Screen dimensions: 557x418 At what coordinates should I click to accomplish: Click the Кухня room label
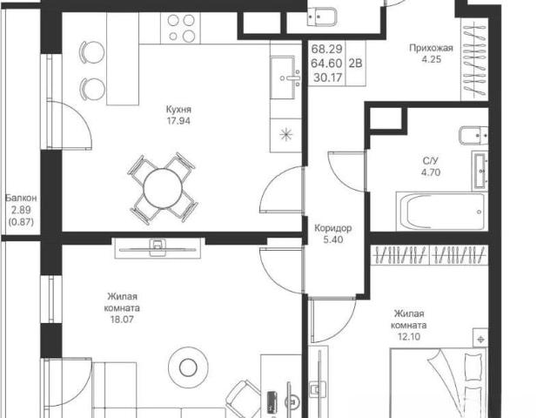click(x=178, y=109)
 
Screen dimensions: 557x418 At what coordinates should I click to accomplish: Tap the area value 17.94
click(x=178, y=121)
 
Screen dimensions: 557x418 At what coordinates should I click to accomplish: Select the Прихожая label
click(x=432, y=48)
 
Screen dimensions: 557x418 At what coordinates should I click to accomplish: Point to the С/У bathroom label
click(x=432, y=160)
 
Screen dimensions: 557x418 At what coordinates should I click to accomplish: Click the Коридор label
click(x=333, y=228)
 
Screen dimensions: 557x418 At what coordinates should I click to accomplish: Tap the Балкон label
click(x=21, y=198)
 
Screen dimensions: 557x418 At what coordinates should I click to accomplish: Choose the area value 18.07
click(x=122, y=320)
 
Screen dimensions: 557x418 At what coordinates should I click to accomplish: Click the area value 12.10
click(x=409, y=336)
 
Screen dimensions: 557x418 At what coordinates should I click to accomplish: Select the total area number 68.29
click(x=326, y=49)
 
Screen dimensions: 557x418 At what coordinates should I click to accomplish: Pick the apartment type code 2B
click(x=356, y=64)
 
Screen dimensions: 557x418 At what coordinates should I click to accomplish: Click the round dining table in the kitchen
click(x=163, y=189)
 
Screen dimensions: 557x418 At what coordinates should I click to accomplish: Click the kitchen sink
click(x=285, y=78)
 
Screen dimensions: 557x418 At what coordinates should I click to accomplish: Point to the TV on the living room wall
click(x=158, y=247)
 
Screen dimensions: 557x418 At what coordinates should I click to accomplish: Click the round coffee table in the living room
click(x=188, y=367)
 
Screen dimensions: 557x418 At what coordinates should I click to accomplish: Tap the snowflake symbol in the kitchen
click(x=286, y=135)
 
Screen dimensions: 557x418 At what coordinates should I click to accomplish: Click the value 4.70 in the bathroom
click(x=432, y=172)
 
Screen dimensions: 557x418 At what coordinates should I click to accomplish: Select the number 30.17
click(x=327, y=78)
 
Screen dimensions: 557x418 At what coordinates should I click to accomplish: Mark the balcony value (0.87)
click(x=21, y=222)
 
